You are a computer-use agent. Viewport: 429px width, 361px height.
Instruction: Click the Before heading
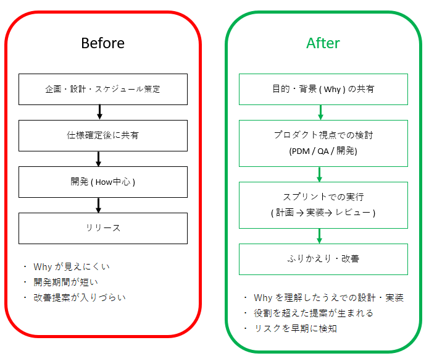point(102,43)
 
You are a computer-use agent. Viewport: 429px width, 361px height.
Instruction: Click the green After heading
point(323,43)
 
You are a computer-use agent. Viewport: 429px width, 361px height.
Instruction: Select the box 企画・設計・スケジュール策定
point(103,89)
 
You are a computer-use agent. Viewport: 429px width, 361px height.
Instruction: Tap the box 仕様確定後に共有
point(103,135)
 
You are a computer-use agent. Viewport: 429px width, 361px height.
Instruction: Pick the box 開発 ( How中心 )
point(103,182)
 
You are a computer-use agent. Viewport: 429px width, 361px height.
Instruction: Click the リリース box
point(103,228)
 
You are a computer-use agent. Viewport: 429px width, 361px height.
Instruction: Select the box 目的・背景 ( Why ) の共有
point(323,89)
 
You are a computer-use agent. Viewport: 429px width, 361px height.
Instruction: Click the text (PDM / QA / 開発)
point(323,151)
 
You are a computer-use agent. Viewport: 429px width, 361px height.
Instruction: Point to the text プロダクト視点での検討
point(323,135)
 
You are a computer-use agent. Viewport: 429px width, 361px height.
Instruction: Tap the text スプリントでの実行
point(323,197)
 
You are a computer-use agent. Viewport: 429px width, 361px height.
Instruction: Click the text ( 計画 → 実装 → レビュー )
point(323,213)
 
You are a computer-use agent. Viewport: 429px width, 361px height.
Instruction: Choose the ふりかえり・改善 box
point(323,259)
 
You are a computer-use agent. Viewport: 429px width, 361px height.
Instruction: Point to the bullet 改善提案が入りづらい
point(79,297)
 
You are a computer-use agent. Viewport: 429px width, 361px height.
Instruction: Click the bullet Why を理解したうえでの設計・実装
point(328,298)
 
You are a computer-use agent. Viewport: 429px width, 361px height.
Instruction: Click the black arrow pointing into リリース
point(99,205)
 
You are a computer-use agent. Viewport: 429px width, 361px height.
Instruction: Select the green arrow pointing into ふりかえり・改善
point(319,236)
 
